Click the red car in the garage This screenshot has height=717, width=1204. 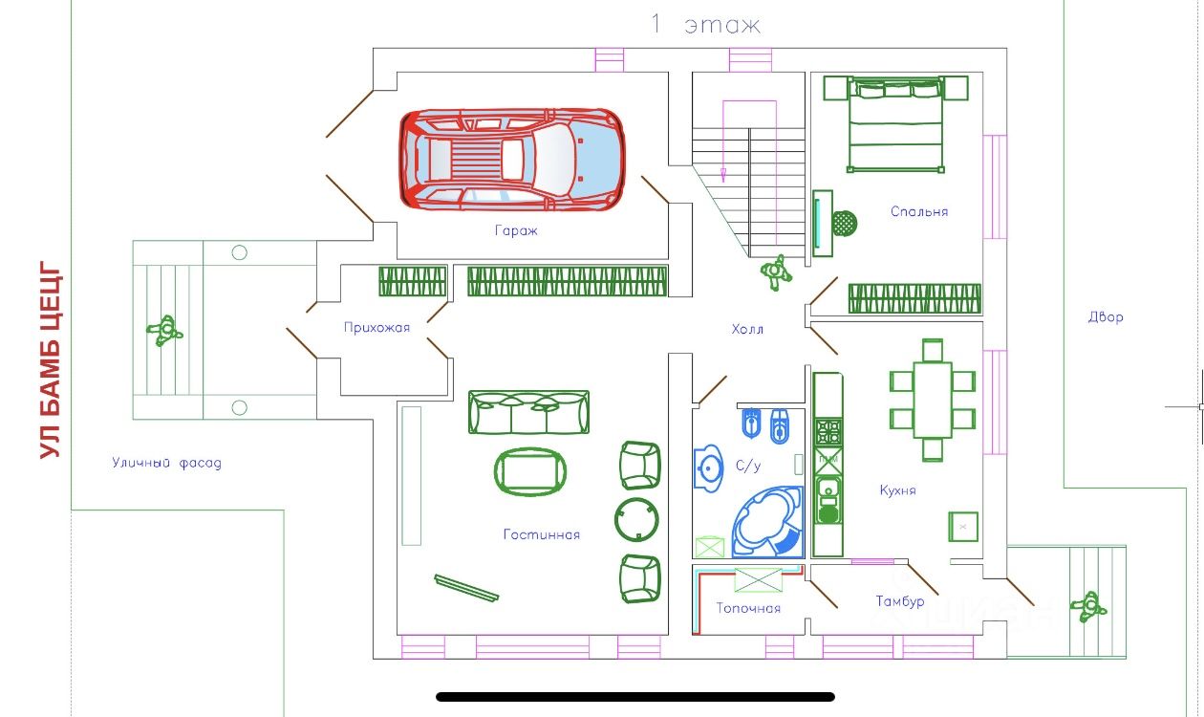point(511,158)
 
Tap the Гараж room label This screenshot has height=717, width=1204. point(516,230)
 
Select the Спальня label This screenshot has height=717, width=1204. point(918,211)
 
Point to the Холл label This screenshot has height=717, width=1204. point(747,329)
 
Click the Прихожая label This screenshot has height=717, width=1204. point(376,328)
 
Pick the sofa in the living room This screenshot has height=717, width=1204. point(528,412)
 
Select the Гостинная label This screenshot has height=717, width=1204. point(541,534)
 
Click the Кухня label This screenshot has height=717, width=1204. point(897,490)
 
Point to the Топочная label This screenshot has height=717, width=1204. point(748,608)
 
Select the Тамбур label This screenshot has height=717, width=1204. point(899,601)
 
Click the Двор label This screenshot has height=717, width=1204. point(1106,317)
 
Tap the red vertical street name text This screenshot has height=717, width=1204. point(52,362)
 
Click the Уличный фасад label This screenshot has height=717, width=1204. point(166,464)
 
